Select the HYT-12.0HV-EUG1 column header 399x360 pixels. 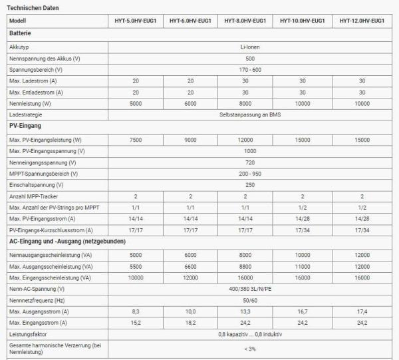click(x=361, y=21)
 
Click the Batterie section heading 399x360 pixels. click(x=21, y=33)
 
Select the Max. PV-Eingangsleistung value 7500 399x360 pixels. click(x=135, y=140)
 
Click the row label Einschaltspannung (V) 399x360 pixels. click(x=37, y=184)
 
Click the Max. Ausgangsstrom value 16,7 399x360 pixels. click(x=303, y=311)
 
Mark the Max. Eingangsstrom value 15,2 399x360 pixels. click(x=135, y=322)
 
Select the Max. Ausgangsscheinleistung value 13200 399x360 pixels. click(x=361, y=266)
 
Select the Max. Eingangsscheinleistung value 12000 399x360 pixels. click(x=190, y=277)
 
